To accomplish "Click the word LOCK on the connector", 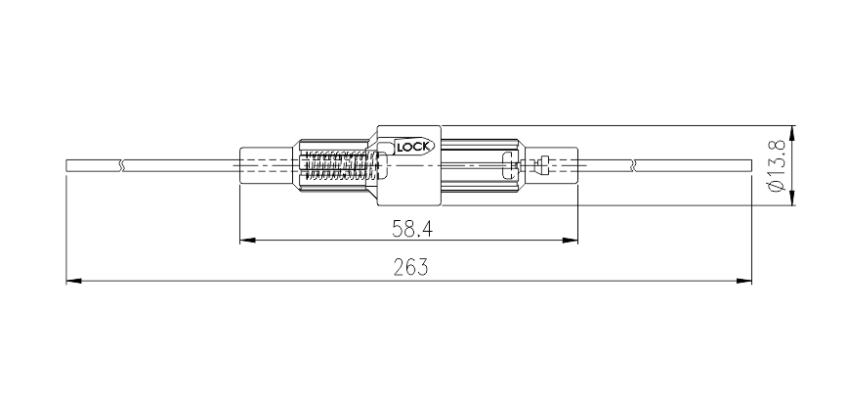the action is click(x=413, y=147).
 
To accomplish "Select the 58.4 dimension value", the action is click(x=412, y=230).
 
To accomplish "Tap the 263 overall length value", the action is click(x=410, y=267).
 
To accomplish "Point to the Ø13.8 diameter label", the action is click(x=776, y=165).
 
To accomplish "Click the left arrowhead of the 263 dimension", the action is click(x=73, y=281).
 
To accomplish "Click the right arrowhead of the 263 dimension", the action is click(x=744, y=281).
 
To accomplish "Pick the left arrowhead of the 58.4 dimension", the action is click(x=248, y=240).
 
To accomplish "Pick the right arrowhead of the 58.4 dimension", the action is click(x=571, y=240).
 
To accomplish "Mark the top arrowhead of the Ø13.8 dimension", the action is click(x=793, y=133).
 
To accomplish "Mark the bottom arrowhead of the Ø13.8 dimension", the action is click(x=793, y=198).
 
